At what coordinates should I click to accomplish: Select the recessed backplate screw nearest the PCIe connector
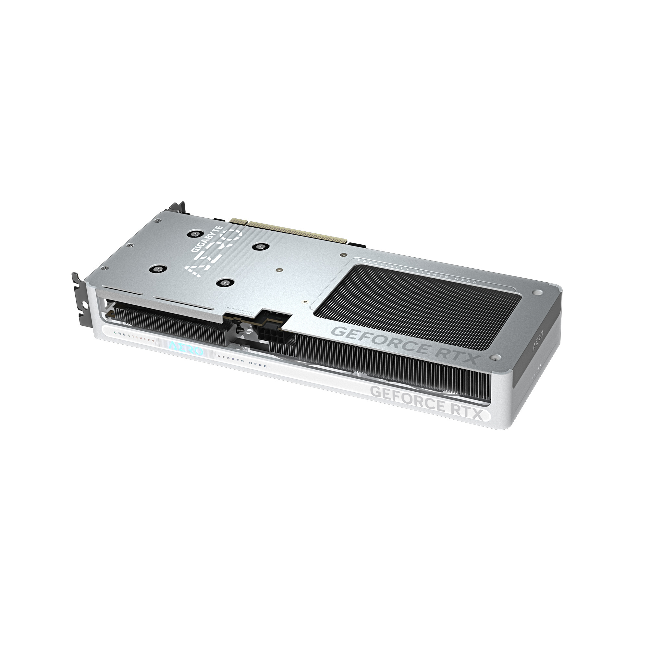point(259,247)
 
